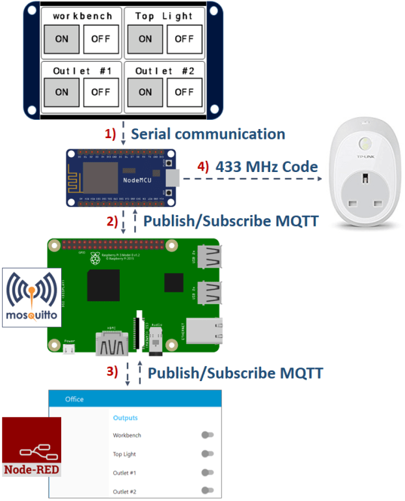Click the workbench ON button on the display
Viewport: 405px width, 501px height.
tap(62, 39)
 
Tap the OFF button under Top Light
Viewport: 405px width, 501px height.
tap(184, 39)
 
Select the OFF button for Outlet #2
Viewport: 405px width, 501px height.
tap(184, 92)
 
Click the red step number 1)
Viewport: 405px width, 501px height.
tap(111, 134)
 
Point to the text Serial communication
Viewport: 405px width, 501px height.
tap(208, 134)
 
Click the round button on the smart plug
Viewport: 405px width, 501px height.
tap(363, 145)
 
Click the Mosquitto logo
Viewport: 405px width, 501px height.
tap(33, 298)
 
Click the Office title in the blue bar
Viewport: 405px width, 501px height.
tap(74, 399)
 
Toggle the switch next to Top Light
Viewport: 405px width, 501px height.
tap(208, 453)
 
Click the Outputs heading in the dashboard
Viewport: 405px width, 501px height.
tap(125, 418)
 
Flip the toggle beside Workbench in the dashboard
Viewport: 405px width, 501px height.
tap(208, 435)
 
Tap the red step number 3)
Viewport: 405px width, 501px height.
tap(112, 373)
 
